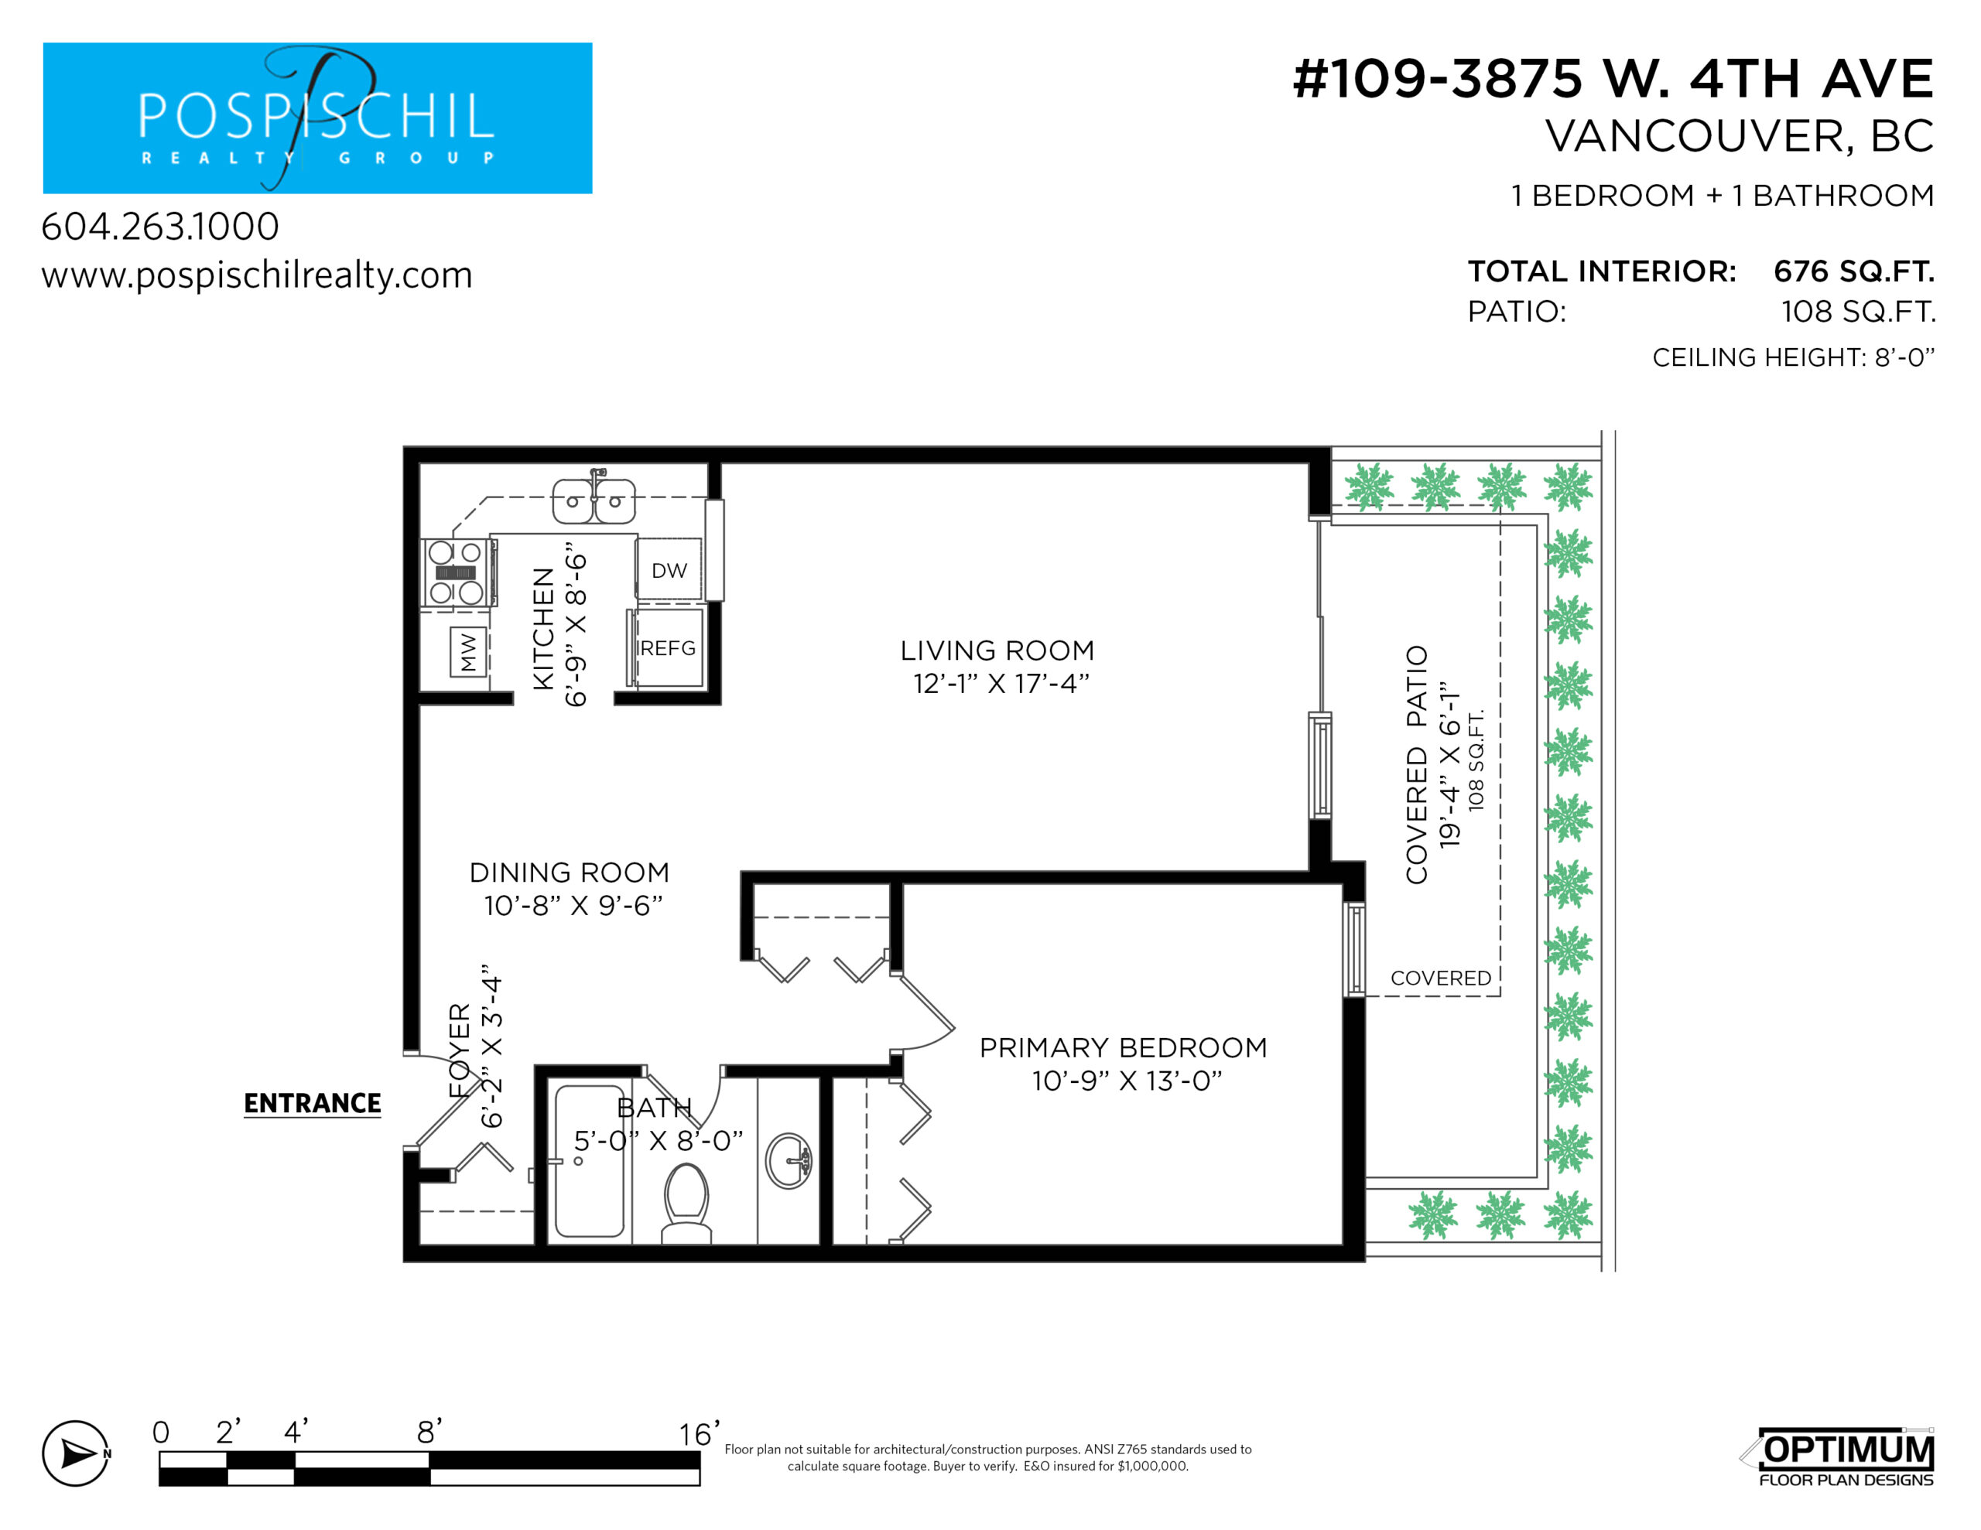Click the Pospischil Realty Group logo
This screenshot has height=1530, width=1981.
pos(317,118)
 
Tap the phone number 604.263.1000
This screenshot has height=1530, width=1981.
pos(160,227)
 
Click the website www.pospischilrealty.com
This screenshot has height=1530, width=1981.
pos(257,275)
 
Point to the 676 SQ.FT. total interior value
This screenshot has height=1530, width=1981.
pos(1854,272)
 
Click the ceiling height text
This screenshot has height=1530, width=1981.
pos(1793,357)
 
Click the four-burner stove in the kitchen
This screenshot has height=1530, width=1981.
pos(457,572)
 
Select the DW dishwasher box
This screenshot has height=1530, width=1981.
pos(669,569)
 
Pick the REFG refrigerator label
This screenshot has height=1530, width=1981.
pos(668,648)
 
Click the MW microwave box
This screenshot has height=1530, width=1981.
pos(468,651)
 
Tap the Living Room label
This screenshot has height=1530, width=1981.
pos(997,651)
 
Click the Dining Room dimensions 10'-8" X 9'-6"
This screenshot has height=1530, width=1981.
pos(573,905)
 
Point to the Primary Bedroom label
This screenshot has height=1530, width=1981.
pos(1123,1047)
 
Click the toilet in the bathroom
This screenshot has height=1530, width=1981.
pos(686,1203)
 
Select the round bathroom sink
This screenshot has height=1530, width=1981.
pos(789,1160)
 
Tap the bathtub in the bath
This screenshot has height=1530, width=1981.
pos(590,1161)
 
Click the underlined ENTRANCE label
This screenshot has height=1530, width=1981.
pos(313,1104)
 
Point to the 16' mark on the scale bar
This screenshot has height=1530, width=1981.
pos(700,1434)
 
